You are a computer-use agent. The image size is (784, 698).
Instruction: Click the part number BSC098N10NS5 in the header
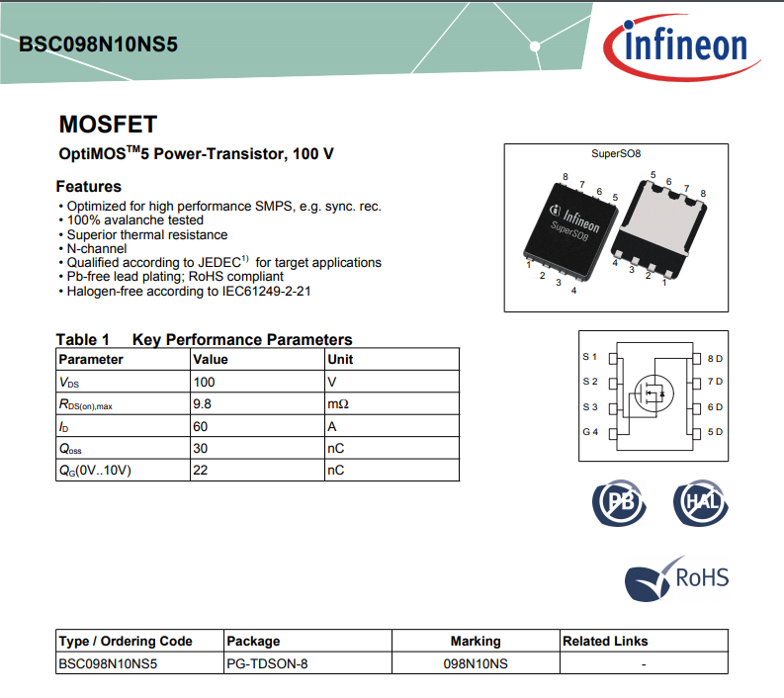(x=98, y=45)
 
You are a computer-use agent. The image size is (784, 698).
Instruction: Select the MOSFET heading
(x=108, y=125)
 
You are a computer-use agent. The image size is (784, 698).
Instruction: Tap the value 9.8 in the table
(x=203, y=403)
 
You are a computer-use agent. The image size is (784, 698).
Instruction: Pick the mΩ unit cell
(x=337, y=403)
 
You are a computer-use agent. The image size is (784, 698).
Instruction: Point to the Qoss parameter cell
(x=70, y=448)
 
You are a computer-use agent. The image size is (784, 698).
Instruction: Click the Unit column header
(x=340, y=359)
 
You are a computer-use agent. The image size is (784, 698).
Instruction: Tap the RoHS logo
(x=677, y=576)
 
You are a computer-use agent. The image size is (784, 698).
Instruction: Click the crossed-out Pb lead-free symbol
(x=619, y=502)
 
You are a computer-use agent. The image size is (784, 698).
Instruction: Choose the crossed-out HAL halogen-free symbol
(x=700, y=502)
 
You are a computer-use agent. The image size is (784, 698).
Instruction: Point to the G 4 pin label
(x=590, y=432)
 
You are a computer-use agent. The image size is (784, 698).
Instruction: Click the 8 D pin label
(x=715, y=358)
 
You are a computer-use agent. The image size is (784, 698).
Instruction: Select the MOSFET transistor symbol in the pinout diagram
(x=651, y=393)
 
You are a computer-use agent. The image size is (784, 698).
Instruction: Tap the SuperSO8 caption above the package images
(x=616, y=154)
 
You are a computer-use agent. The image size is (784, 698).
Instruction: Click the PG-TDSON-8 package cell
(x=267, y=664)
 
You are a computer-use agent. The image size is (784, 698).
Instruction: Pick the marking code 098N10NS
(x=476, y=664)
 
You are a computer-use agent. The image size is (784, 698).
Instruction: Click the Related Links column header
(x=605, y=641)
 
